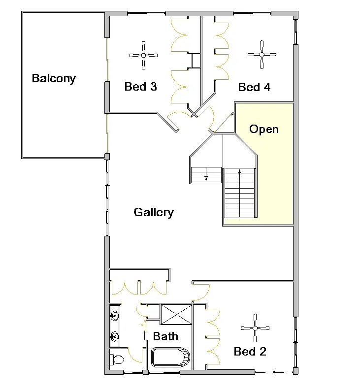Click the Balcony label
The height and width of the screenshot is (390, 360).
pos(54,78)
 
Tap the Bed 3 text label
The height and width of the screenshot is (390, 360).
pos(140,87)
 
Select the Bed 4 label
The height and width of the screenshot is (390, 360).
pos(254,88)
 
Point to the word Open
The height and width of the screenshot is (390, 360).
pos(264,130)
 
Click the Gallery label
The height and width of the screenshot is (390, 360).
pos(154,212)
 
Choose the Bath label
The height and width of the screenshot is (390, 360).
pos(165,337)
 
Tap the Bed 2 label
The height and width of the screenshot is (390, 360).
pos(250,352)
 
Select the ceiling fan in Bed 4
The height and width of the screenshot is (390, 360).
pos(262,55)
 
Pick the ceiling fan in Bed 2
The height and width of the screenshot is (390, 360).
pos(255,328)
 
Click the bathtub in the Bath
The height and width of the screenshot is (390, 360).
pos(170,357)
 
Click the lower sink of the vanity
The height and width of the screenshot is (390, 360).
pos(115,336)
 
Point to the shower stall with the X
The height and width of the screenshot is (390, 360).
pos(176,315)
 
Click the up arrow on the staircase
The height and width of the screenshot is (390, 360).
pos(240,173)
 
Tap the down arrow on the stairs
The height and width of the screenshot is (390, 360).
pos(206,176)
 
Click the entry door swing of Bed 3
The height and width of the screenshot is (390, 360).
pos(177,117)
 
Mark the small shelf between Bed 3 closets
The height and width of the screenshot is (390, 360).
pos(196,60)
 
